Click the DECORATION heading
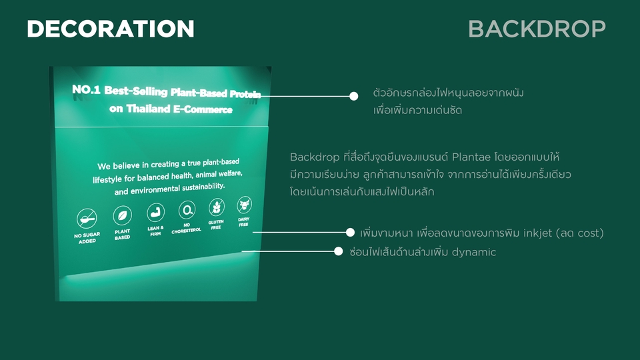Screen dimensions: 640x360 click(x=110, y=29)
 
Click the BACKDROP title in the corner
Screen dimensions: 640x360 click(x=537, y=29)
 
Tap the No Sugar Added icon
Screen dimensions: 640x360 click(x=87, y=219)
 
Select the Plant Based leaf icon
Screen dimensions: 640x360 click(x=123, y=215)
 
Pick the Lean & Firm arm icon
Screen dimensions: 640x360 click(x=155, y=213)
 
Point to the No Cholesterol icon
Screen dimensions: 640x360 click(x=187, y=210)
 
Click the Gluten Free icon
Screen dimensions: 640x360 click(x=216, y=207)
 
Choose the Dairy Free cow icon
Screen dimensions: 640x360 click(x=244, y=205)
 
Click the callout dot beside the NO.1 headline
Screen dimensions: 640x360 click(x=354, y=96)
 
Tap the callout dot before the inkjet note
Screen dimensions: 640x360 click(x=350, y=232)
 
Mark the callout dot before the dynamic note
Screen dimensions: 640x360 click(x=339, y=251)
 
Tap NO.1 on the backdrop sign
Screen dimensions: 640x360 click(x=86, y=89)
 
